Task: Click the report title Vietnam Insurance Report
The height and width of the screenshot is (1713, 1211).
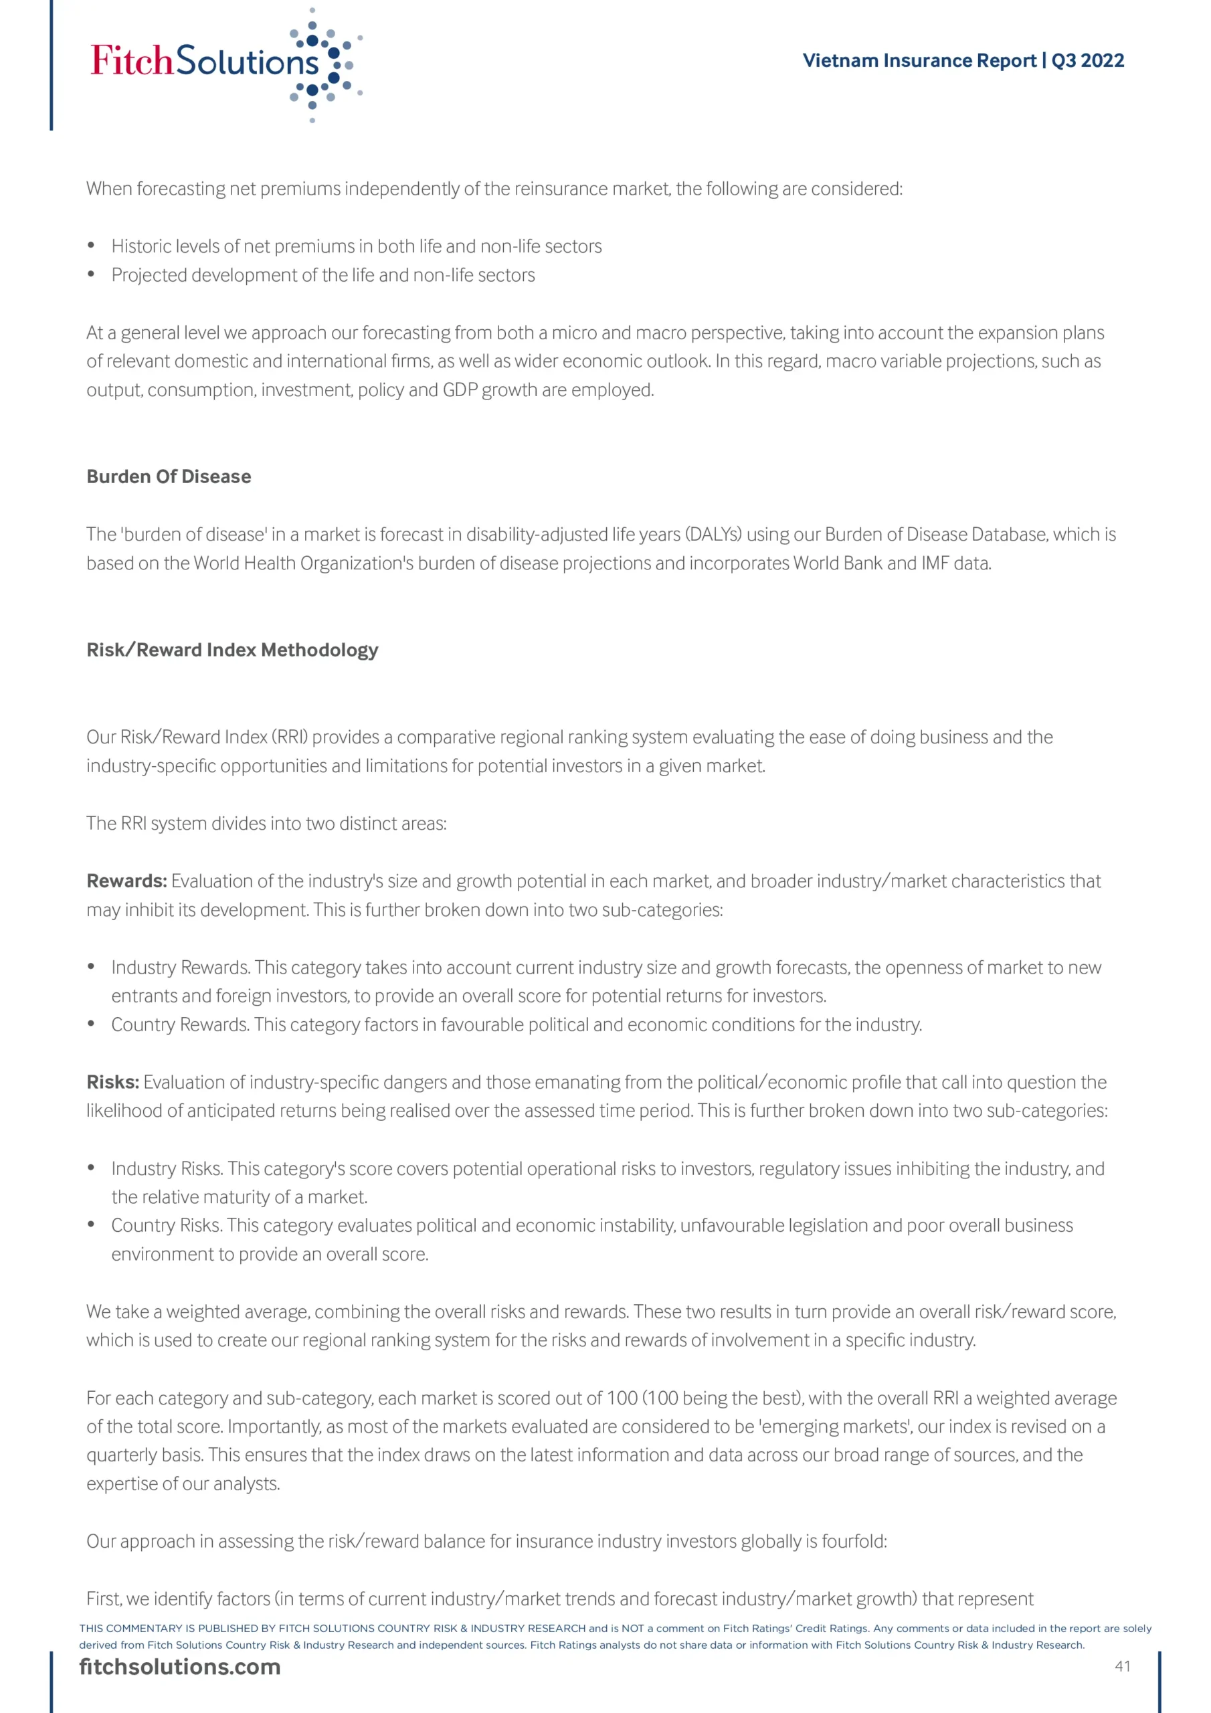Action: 919,60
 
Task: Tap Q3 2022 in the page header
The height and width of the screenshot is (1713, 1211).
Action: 1087,60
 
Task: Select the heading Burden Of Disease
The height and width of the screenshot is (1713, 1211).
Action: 169,476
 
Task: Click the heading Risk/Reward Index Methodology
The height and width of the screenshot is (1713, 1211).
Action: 232,650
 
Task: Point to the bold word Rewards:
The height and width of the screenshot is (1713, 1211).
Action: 126,881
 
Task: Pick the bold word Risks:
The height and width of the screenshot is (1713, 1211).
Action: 112,1082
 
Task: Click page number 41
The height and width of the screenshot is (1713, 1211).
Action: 1122,1666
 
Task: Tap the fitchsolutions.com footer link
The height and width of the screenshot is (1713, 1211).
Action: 180,1667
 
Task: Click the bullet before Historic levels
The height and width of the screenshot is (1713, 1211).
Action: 91,246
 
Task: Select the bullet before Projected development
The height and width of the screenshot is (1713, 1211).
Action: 91,274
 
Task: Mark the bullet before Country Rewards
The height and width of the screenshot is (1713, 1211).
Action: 91,1024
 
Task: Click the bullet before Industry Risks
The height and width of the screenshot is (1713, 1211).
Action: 91,1168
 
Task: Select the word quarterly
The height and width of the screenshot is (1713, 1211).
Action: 122,1455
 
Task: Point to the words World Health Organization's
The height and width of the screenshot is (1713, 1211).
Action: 304,563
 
